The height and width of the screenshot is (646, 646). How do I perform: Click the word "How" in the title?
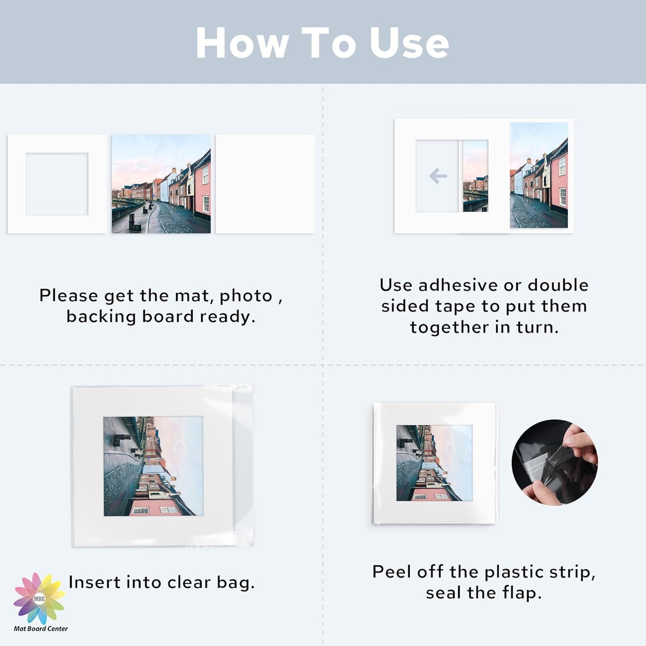[x=242, y=43]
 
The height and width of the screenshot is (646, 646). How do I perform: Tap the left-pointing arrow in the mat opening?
[x=438, y=176]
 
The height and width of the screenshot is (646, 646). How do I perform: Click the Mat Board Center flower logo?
[x=39, y=598]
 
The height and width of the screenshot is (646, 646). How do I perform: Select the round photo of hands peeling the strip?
[x=554, y=462]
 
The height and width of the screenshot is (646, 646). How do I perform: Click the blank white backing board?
[x=265, y=184]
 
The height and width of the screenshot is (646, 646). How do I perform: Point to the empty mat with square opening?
[x=57, y=184]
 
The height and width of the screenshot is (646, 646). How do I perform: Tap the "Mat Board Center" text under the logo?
[x=41, y=629]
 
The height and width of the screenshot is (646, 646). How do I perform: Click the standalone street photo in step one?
[x=161, y=184]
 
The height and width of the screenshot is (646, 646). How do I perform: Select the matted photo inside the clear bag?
[x=153, y=466]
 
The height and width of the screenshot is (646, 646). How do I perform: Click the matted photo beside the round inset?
[x=434, y=463]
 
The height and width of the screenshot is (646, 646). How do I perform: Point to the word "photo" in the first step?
[x=246, y=296]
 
